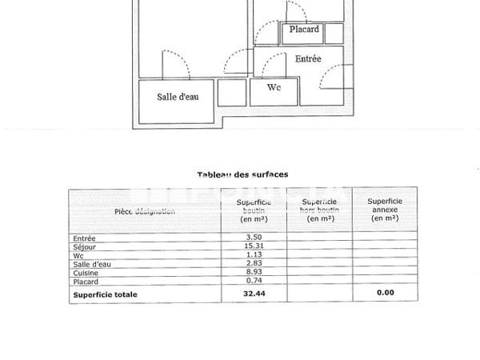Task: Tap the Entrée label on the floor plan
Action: (x=308, y=58)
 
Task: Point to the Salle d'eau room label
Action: (x=178, y=97)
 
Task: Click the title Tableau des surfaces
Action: (x=242, y=174)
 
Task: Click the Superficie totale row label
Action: (x=105, y=294)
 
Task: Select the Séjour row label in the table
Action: (x=84, y=246)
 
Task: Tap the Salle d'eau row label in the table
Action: (x=91, y=263)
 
